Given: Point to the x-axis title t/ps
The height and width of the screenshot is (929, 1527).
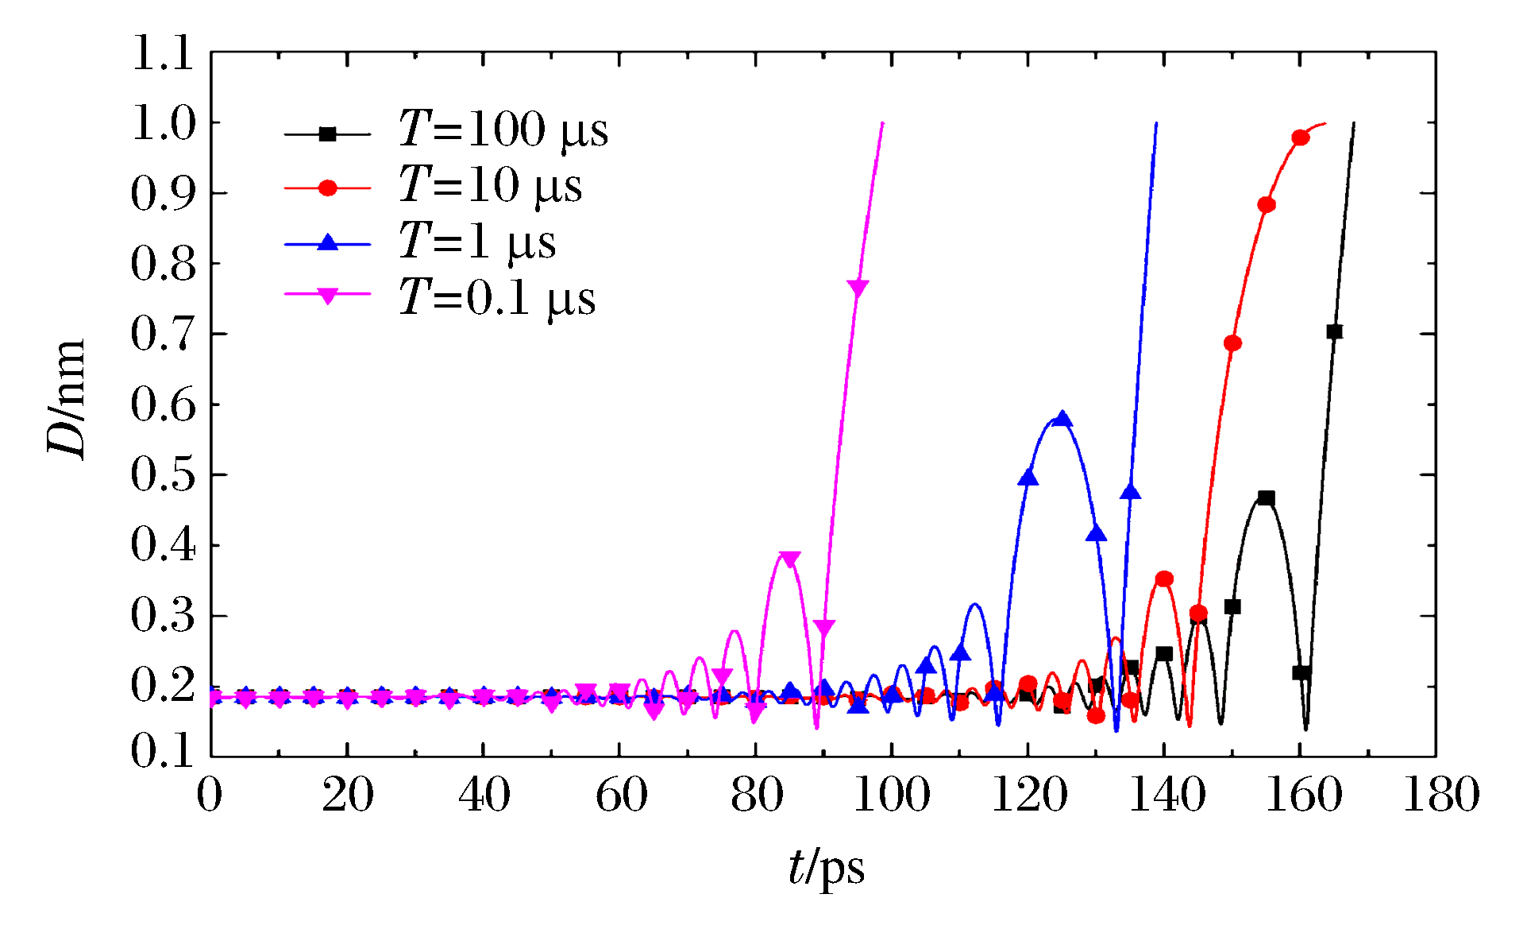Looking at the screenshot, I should pyautogui.click(x=826, y=867).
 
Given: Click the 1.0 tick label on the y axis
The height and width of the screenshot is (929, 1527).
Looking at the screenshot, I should pyautogui.click(x=163, y=124).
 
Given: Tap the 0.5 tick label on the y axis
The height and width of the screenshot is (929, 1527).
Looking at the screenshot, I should pyautogui.click(x=163, y=475).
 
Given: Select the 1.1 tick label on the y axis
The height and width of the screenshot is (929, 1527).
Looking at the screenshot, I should pyautogui.click(x=163, y=54).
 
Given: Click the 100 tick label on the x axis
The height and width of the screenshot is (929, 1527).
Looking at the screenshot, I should pyautogui.click(x=891, y=795).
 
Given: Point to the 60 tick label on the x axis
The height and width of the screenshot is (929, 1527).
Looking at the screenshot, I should pyautogui.click(x=621, y=795).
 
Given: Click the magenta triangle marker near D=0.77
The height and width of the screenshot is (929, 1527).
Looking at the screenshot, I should pyautogui.click(x=858, y=288).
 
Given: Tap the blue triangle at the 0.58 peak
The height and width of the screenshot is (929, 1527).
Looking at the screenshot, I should pyautogui.click(x=1062, y=419).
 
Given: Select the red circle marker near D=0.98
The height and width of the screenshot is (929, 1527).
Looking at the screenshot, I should pyautogui.click(x=1301, y=137).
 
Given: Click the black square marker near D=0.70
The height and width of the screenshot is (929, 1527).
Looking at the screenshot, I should pyautogui.click(x=1335, y=331).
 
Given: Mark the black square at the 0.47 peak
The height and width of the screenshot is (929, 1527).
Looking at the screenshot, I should pyautogui.click(x=1267, y=498).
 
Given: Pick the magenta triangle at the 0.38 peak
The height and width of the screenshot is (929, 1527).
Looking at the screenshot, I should pyautogui.click(x=790, y=559).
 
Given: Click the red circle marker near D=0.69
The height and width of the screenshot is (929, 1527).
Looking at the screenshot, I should pyautogui.click(x=1232, y=343).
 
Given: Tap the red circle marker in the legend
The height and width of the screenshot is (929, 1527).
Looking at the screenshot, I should pyautogui.click(x=327, y=188).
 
